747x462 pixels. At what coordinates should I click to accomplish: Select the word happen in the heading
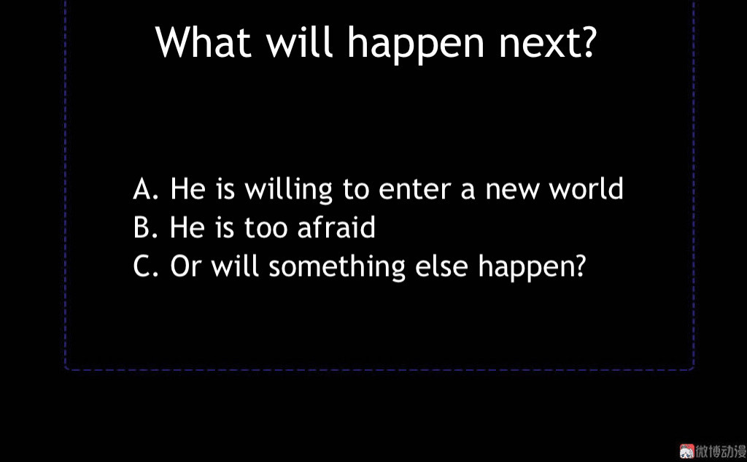(x=415, y=46)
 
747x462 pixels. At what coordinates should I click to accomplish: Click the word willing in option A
(x=288, y=190)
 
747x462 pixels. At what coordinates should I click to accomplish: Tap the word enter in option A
(x=414, y=190)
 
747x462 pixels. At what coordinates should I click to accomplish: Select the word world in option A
(x=586, y=188)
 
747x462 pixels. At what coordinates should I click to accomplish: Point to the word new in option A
(x=513, y=191)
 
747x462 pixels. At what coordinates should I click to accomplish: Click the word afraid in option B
(x=336, y=226)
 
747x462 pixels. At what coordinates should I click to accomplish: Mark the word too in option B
(x=266, y=228)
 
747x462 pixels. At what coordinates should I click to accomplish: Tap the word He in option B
(x=188, y=227)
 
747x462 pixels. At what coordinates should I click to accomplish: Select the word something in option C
(x=337, y=267)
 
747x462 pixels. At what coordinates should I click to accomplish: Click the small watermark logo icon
(x=686, y=451)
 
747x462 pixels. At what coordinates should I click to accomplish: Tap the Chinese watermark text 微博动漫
(x=721, y=452)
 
